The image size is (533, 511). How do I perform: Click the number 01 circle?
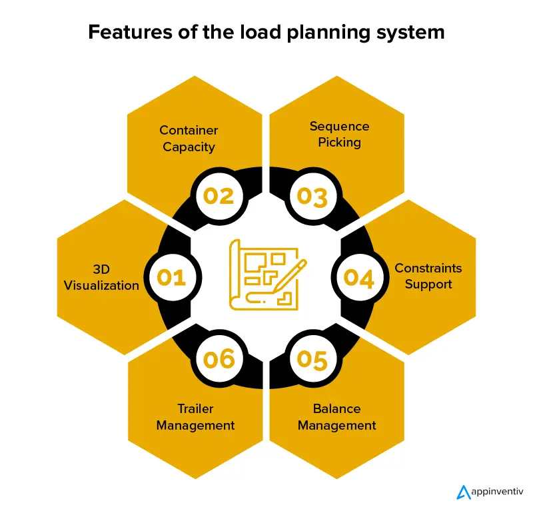point(172,277)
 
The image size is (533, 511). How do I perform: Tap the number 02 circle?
point(219,196)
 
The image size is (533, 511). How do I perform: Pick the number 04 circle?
point(360,277)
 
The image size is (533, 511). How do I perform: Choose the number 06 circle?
point(219,359)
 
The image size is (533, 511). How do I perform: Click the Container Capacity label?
point(189,138)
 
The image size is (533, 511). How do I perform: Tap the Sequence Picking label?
point(339,134)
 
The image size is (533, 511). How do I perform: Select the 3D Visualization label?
point(101,277)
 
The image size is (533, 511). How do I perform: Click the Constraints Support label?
point(428,276)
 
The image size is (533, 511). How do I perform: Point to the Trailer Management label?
point(195,416)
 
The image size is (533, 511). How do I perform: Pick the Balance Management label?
point(336,416)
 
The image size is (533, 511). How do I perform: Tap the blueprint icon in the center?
point(263,275)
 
